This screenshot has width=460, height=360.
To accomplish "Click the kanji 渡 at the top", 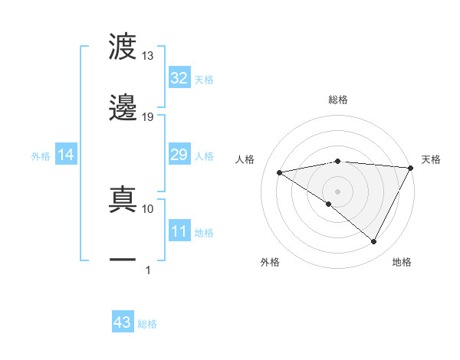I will pyautogui.click(x=123, y=47).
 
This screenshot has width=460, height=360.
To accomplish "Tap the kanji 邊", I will pyautogui.click(x=123, y=108).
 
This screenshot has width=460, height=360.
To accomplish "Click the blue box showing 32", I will pyautogui.click(x=179, y=78).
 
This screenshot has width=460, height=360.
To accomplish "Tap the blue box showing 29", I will pyautogui.click(x=179, y=155).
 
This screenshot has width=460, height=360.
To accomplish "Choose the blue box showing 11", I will pyautogui.click(x=179, y=231).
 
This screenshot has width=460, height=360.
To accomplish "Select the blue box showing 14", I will pyautogui.click(x=66, y=155).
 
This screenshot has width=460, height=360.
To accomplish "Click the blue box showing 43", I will pyautogui.click(x=122, y=322).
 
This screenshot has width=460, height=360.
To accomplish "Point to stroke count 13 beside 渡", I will pyautogui.click(x=147, y=56).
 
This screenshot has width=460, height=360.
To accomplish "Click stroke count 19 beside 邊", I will pyautogui.click(x=147, y=116).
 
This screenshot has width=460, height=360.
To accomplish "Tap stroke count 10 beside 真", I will pyautogui.click(x=147, y=208).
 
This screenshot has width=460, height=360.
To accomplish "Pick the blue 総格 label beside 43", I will pyautogui.click(x=148, y=324).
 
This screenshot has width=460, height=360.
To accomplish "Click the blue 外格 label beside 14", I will pyautogui.click(x=41, y=155).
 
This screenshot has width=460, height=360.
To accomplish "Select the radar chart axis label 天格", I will pyautogui.click(x=432, y=159).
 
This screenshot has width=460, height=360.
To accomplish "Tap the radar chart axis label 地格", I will pyautogui.click(x=402, y=262).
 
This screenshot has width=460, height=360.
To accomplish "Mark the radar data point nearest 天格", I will pyautogui.click(x=411, y=168).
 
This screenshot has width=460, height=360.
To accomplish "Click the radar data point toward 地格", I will pyautogui.click(x=374, y=242).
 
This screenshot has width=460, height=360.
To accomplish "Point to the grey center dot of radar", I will pyautogui.click(x=337, y=190).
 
